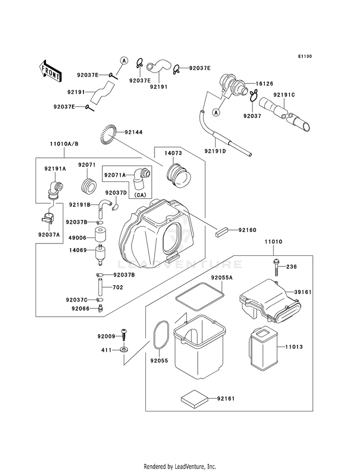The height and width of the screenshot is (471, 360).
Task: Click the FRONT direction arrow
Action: click(50, 71)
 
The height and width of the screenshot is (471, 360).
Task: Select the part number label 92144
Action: click(133, 132)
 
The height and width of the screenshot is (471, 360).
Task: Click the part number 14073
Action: click(173, 153)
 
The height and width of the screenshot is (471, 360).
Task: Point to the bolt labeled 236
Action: click(276, 267)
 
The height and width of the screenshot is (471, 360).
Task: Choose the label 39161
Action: click(303, 292)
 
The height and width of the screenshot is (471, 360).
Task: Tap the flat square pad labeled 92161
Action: click(194, 399)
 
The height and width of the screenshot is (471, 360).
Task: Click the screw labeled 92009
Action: click(124, 335)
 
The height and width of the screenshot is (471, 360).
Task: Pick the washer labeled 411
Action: click(123, 350)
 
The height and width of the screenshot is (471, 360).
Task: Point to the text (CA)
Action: click(140, 195)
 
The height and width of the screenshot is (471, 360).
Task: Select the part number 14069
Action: click(78, 250)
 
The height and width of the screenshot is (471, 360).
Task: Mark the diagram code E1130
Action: click(305, 57)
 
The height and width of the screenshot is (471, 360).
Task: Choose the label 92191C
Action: click(284, 95)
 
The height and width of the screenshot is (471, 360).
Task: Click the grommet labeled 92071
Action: click(88, 185)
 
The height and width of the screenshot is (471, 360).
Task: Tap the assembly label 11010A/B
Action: click(64, 144)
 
